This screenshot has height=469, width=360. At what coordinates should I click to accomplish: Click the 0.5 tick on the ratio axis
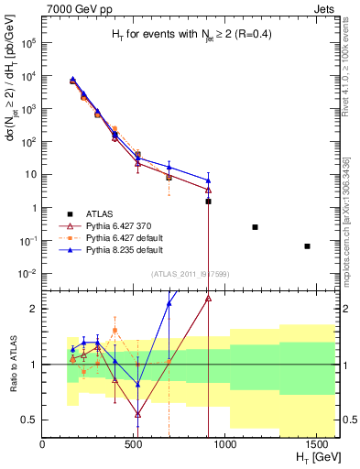(x=31, y=420)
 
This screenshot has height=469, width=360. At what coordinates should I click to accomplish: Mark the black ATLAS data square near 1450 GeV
(x=308, y=245)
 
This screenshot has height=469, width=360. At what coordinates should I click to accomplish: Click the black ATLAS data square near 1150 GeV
(x=255, y=226)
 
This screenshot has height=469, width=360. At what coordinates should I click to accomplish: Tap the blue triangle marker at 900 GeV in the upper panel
(x=209, y=181)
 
